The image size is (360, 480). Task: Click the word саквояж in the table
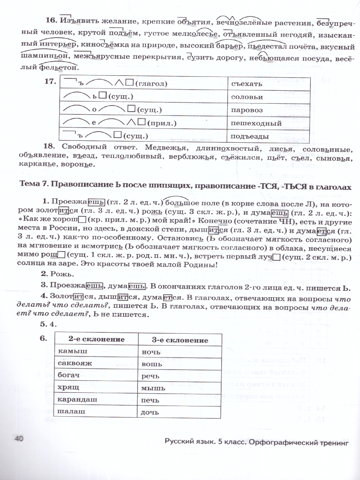click(x=75, y=363)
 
